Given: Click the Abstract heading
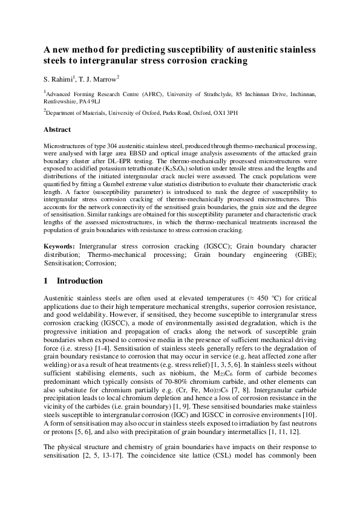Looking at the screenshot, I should click(x=57, y=129).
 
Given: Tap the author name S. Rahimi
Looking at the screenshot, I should click(x=58, y=79).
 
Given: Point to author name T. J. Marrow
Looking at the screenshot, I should click(x=100, y=79).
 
